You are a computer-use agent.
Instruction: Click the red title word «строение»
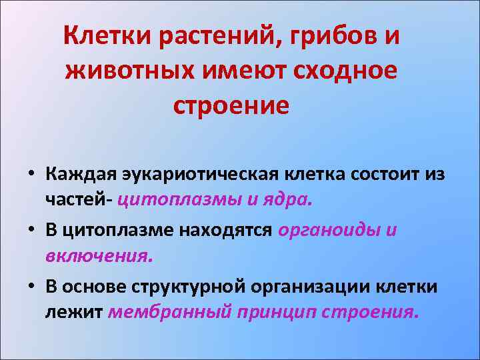coord(231,105)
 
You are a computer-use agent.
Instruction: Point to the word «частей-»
coord(80,199)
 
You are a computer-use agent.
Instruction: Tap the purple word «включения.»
coord(99,255)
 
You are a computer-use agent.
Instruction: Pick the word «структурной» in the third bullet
coord(190,287)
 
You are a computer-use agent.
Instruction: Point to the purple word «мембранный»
coord(169,312)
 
